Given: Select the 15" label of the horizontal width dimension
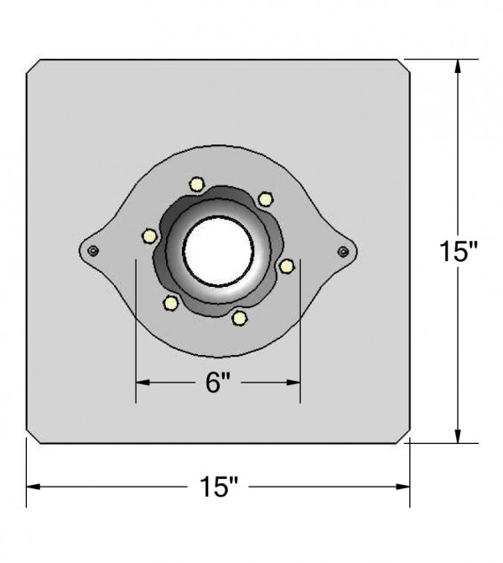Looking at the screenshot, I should (x=220, y=487).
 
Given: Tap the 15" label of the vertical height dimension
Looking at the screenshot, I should (x=459, y=251).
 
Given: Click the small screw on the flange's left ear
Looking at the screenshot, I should (x=93, y=250).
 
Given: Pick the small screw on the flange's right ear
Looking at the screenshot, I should (x=343, y=250).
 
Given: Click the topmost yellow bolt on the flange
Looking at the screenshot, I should (x=197, y=184).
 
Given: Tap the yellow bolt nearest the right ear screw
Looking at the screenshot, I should (x=287, y=266).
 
